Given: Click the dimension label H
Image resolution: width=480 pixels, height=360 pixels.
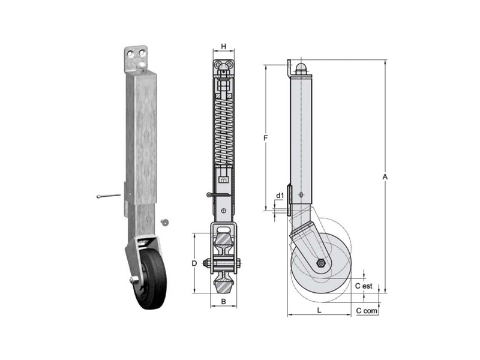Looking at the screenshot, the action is (224, 47).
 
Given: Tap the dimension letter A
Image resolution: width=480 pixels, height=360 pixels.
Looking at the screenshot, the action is (385, 176).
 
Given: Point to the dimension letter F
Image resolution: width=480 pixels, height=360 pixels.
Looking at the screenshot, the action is (266, 138).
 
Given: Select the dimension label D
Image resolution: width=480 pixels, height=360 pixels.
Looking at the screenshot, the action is (194, 263).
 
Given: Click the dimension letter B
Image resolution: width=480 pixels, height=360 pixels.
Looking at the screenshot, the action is (223, 302).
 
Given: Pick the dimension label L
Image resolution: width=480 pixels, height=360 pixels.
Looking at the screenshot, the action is (319, 310).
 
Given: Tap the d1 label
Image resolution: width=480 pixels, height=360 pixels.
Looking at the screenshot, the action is (280, 195).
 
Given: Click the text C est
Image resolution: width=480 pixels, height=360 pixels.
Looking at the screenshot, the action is (364, 286).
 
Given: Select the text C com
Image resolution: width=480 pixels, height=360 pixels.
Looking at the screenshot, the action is (367, 311).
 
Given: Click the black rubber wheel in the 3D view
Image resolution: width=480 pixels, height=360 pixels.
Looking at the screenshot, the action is (152, 278).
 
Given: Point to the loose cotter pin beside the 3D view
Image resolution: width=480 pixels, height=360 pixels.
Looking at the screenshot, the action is (108, 196).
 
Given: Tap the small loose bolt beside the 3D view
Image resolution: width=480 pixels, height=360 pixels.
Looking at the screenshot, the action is (165, 221).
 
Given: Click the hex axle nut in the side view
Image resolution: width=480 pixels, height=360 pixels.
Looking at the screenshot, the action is (321, 263).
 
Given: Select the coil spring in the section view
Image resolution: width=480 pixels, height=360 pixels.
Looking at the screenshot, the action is (224, 131).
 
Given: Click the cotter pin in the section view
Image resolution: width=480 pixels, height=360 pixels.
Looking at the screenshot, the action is (218, 194).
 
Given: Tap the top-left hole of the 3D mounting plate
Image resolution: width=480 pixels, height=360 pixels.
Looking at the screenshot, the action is (131, 53).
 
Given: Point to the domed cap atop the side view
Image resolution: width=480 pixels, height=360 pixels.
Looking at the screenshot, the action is (301, 67).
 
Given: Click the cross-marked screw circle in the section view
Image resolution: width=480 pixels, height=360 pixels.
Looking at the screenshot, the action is (224, 211).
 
